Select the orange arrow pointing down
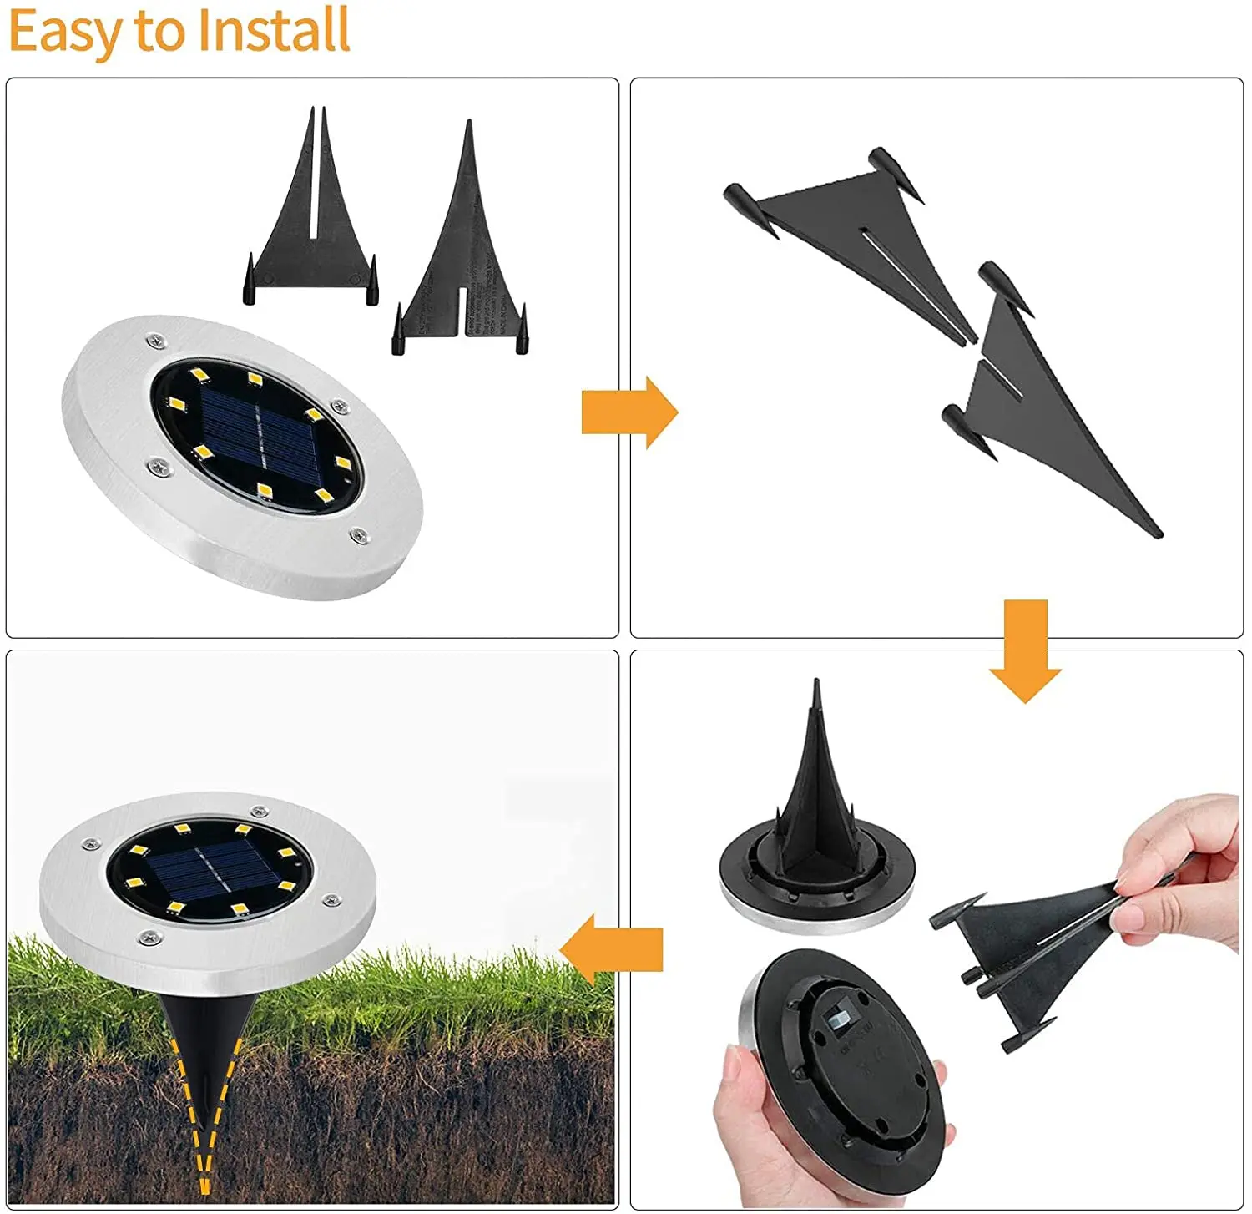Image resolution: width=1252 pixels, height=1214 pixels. [1025, 650]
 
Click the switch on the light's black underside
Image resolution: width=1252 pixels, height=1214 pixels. [839, 1020]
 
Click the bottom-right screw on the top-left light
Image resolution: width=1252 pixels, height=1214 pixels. [359, 535]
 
